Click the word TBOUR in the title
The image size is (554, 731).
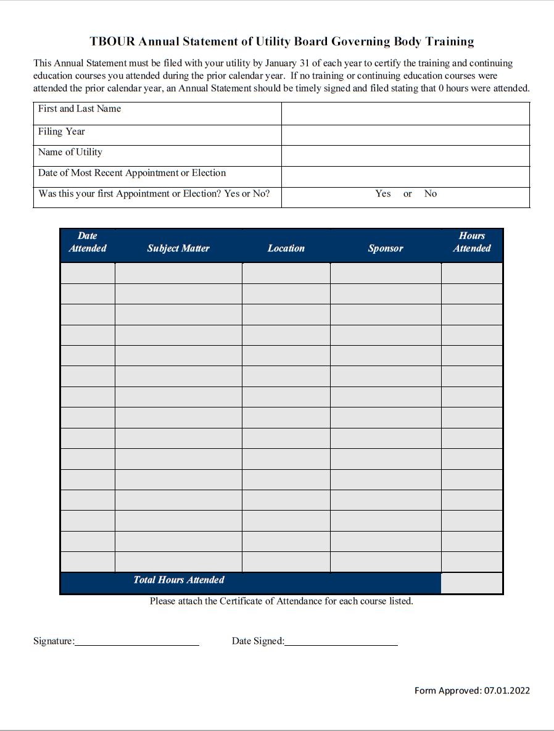click(x=112, y=42)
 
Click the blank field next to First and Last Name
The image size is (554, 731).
click(x=405, y=114)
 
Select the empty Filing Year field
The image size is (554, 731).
click(x=405, y=135)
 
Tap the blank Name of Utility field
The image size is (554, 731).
click(x=405, y=156)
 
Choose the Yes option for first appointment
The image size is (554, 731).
click(x=382, y=194)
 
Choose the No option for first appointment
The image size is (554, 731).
click(x=430, y=194)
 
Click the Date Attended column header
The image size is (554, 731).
click(x=88, y=242)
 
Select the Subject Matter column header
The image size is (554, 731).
click(x=178, y=248)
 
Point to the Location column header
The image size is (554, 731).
click(x=286, y=248)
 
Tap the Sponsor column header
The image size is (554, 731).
click(x=386, y=248)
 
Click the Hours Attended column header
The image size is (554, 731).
click(x=472, y=242)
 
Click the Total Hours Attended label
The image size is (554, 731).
click(x=179, y=580)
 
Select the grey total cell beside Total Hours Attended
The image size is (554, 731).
click(x=472, y=583)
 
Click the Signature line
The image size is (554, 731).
click(x=137, y=641)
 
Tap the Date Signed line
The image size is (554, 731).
click(x=341, y=641)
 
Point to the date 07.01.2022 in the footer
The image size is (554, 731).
click(x=507, y=690)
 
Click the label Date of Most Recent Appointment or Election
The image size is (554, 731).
click(x=132, y=173)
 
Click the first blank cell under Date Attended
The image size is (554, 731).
click(x=88, y=273)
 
